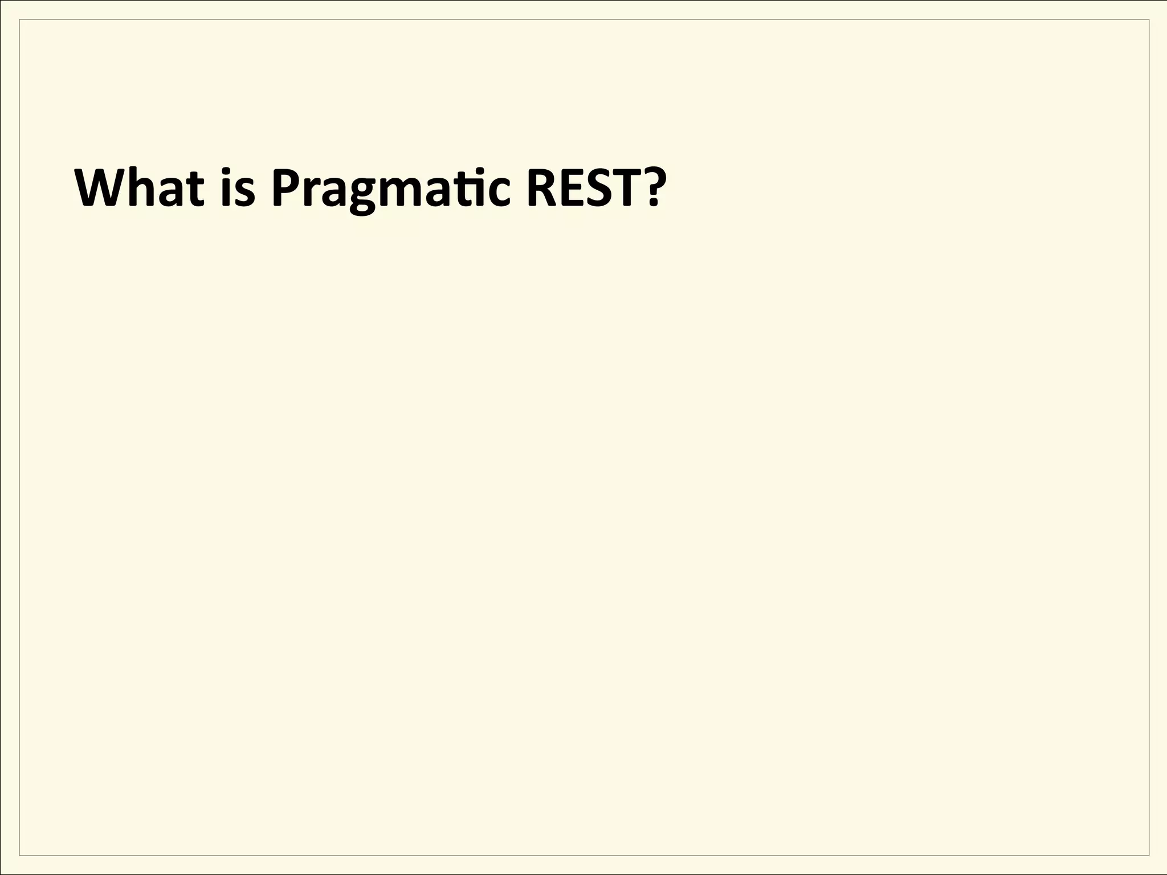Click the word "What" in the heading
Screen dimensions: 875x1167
point(140,188)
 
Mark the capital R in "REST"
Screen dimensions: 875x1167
point(541,188)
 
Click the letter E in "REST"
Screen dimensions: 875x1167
point(574,188)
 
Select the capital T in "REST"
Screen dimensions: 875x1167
point(629,188)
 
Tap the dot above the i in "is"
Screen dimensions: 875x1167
point(227,171)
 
